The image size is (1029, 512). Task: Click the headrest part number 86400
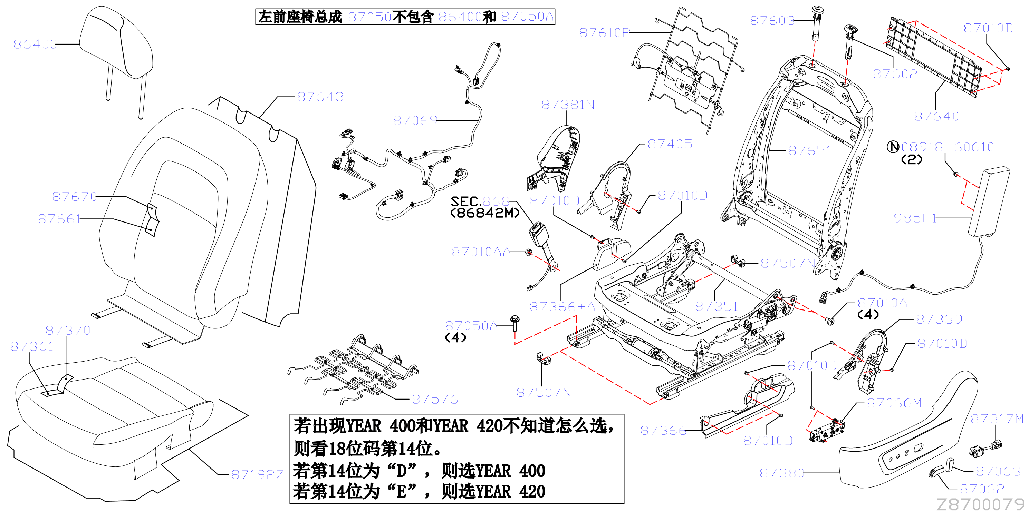(x=35, y=44)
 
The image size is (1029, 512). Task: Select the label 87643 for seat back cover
(x=320, y=97)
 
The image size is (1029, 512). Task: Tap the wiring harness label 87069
(x=415, y=120)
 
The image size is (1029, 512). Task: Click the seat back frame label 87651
(x=810, y=150)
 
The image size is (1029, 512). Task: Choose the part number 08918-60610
(x=948, y=147)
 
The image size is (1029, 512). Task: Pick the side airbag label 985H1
(x=915, y=218)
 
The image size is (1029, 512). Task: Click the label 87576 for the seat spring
(x=435, y=399)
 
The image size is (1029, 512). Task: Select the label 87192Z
(x=257, y=474)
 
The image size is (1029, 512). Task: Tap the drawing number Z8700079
(x=980, y=504)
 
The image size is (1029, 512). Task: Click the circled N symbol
(x=893, y=147)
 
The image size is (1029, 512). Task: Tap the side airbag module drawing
(x=988, y=202)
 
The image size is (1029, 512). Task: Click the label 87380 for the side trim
(x=782, y=473)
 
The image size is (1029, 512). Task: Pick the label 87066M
(x=894, y=403)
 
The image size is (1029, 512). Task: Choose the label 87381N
(x=568, y=105)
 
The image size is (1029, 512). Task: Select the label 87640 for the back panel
(x=936, y=116)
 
